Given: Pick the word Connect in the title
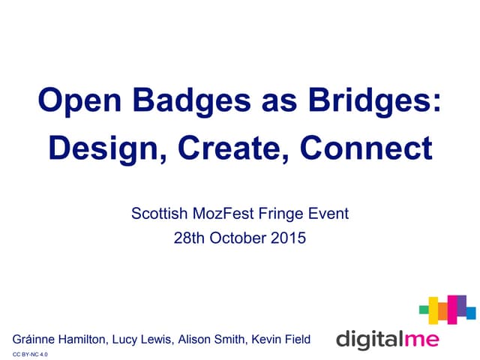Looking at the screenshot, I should point(367,148).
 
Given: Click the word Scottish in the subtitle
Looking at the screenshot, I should point(157,214).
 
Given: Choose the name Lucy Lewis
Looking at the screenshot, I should point(141,340).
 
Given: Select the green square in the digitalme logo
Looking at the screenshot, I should point(424,307).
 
